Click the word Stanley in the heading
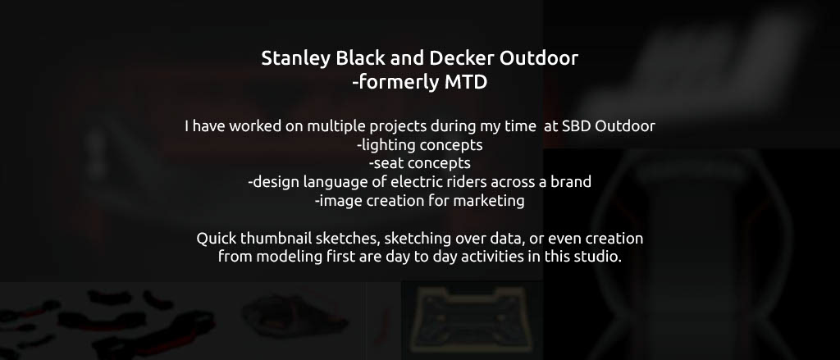click(295, 58)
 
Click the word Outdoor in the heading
click(539, 58)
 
